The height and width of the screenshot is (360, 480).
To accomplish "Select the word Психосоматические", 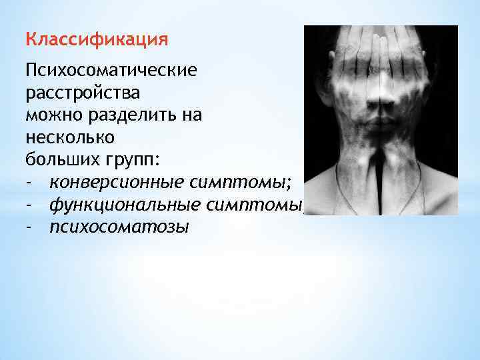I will (111, 71).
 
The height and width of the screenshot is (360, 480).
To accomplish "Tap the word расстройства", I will (83, 93).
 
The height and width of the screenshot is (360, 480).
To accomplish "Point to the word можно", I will (52, 115).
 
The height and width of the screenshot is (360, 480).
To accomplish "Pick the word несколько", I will (70, 138).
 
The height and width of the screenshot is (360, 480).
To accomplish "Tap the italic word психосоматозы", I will (119, 229).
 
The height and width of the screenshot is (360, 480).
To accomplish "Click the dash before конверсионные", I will (29, 183).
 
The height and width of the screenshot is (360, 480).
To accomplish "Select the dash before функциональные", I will (29, 206).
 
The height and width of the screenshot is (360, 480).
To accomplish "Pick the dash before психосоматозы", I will (29, 229).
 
